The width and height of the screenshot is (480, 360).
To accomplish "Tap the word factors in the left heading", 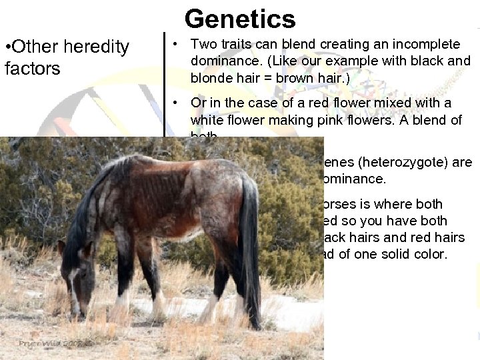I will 32,69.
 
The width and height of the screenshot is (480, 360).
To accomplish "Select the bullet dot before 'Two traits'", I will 173,45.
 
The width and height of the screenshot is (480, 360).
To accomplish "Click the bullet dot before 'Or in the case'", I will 173,103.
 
